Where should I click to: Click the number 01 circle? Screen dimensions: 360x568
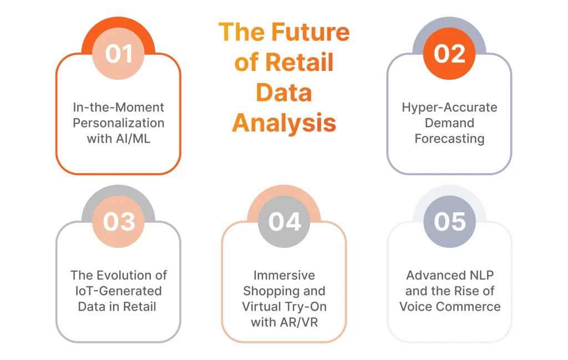118,54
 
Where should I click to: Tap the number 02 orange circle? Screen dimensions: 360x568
449,54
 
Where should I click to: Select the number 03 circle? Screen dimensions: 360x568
118,222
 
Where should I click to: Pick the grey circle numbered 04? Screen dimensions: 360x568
284,222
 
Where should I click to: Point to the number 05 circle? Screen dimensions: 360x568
449,222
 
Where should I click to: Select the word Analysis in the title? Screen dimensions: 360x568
284,123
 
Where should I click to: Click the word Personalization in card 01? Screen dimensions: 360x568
118,123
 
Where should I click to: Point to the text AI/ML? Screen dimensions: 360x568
133,138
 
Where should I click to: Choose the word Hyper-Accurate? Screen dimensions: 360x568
449,107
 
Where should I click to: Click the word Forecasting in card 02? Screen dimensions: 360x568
449,138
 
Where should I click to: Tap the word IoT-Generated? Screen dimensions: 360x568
118,291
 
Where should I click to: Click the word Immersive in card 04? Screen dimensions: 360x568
284,275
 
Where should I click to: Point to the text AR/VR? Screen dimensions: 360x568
300,322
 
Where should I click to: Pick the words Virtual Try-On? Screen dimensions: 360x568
284,306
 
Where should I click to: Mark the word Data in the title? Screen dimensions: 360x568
284,93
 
